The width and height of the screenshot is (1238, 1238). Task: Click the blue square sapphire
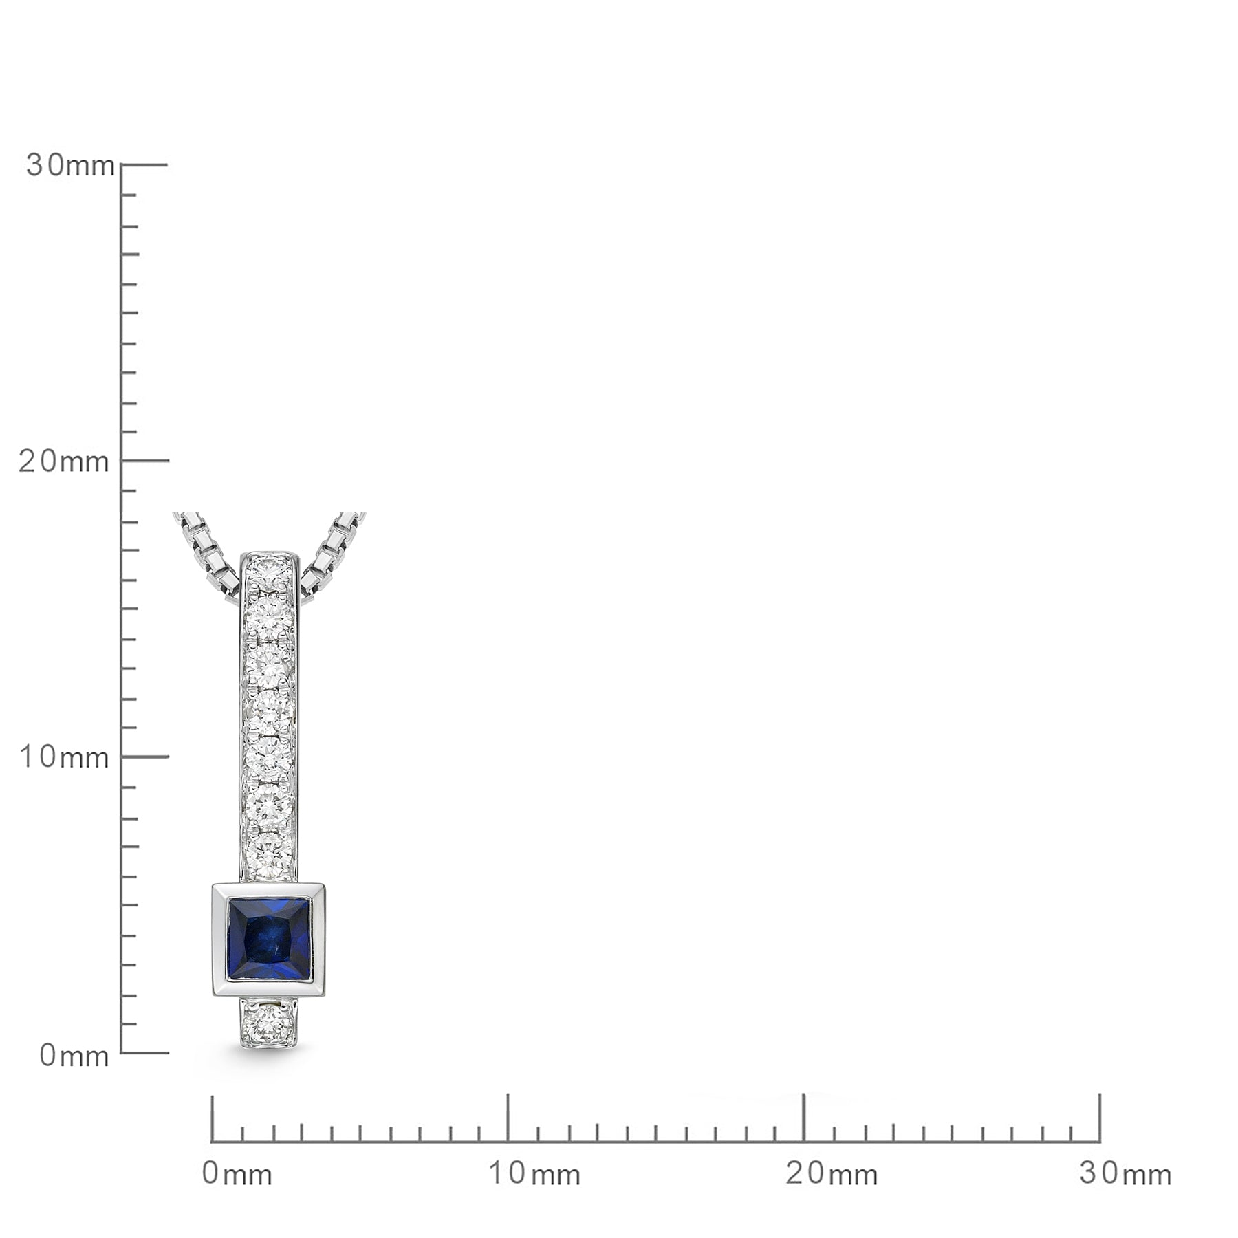(x=269, y=940)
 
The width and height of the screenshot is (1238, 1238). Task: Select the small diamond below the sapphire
(x=268, y=1023)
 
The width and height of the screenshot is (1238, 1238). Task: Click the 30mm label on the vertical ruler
(x=70, y=165)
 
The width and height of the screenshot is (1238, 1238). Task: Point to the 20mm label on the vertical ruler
(x=64, y=461)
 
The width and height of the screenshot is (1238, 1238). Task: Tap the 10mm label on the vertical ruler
(x=64, y=757)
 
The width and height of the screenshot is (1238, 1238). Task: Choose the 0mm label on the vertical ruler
(x=74, y=1055)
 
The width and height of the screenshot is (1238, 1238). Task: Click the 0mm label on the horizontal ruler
(x=237, y=1174)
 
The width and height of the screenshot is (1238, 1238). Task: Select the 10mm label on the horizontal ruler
(x=534, y=1174)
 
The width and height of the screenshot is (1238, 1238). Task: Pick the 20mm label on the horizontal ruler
(x=832, y=1174)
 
